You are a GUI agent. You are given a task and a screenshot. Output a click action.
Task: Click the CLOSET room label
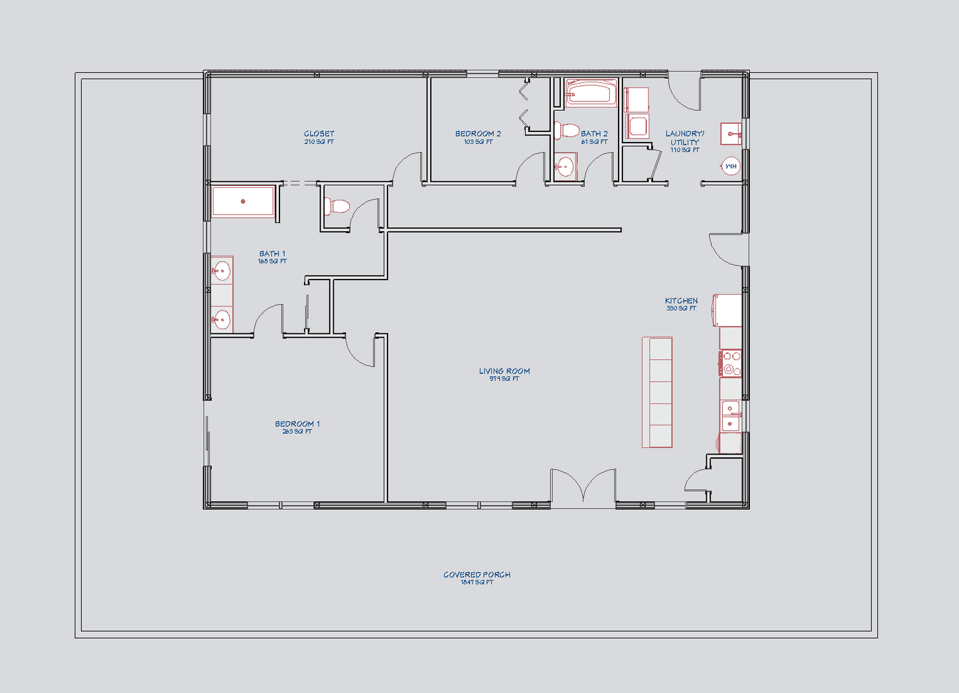tap(319, 134)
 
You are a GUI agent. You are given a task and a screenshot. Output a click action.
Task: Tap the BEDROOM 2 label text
tap(478, 134)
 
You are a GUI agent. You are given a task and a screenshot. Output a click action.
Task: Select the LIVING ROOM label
tap(504, 371)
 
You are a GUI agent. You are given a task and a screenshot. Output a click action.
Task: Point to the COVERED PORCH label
tap(477, 575)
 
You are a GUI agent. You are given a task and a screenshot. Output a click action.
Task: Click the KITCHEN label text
tap(682, 301)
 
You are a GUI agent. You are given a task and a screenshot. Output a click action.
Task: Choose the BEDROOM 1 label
tap(297, 424)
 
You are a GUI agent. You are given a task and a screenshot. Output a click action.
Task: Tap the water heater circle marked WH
tap(731, 166)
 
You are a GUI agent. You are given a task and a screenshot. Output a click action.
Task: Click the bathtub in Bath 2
tap(591, 93)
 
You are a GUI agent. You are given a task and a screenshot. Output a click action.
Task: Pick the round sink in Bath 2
tap(565, 167)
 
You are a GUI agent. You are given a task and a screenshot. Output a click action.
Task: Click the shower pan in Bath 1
tap(243, 201)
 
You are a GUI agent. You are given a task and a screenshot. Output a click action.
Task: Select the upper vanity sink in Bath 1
tap(221, 271)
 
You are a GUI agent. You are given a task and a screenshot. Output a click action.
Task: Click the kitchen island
tap(657, 392)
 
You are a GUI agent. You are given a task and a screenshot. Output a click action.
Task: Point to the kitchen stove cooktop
tap(730, 364)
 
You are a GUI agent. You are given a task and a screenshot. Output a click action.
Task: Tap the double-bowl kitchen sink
tap(731, 416)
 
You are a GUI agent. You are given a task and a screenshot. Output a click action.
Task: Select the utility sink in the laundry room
tap(731, 134)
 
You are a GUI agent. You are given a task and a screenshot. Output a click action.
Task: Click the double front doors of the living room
tap(583, 488)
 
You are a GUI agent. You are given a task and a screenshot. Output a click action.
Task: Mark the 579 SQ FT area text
tap(504, 379)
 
